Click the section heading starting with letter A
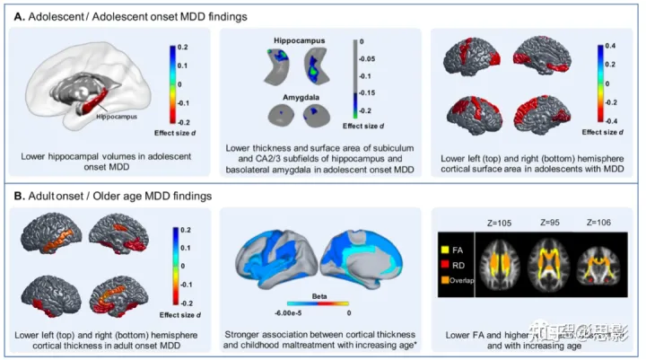click(x=134, y=15)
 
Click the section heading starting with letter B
click(x=117, y=194)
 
